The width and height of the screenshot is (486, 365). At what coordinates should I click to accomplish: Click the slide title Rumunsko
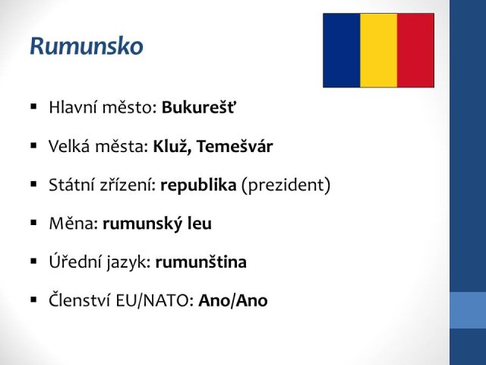(x=87, y=46)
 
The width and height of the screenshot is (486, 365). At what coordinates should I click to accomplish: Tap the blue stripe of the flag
(x=342, y=50)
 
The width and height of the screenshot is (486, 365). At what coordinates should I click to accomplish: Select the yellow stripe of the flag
(x=378, y=50)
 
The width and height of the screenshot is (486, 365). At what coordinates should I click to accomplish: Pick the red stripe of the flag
(x=415, y=50)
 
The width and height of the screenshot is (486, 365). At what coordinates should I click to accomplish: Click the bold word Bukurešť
(x=198, y=107)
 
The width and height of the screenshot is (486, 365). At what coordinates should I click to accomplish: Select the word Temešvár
(x=235, y=146)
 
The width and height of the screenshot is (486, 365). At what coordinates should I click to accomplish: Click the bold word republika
(x=198, y=186)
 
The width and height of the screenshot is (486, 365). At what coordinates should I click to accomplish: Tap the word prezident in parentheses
(x=286, y=186)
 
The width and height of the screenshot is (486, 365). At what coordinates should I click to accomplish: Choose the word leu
(x=200, y=223)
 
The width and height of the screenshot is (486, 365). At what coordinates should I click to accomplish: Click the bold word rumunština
(x=200, y=262)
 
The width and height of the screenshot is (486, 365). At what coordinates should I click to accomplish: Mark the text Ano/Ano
(x=233, y=300)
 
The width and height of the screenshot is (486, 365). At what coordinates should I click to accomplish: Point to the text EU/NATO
(x=154, y=300)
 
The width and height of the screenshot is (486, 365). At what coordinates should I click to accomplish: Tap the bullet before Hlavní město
(x=33, y=107)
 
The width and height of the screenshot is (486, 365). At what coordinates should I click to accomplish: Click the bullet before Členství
(x=33, y=300)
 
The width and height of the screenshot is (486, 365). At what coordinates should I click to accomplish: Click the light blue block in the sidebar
(x=468, y=310)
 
